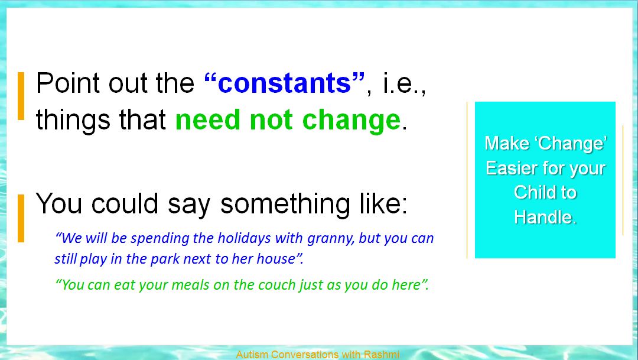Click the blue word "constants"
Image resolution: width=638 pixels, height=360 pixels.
click(284, 83)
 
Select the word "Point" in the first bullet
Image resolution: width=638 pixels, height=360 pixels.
click(68, 83)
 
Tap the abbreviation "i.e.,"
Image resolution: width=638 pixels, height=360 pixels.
click(405, 83)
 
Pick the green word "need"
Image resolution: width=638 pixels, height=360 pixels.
click(207, 120)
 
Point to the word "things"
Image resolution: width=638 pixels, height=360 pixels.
click(73, 121)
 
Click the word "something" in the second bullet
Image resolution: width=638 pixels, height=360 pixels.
click(285, 203)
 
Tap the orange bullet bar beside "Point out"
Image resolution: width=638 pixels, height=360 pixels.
click(21, 96)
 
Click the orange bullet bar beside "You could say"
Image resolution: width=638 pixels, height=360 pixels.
click(21, 218)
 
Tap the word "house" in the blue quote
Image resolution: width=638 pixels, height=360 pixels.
click(275, 258)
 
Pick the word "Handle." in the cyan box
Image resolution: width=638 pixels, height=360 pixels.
click(545, 217)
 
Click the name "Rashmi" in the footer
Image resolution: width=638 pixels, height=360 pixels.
click(381, 354)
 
